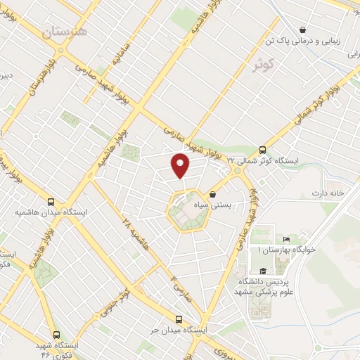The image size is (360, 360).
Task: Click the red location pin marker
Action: tap(180, 165)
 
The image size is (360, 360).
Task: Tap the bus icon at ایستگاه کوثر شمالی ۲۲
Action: tap(262, 149)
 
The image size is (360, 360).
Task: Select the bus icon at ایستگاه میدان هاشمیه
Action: tap(50, 200)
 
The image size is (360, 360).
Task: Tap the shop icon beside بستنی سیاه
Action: tap(213, 195)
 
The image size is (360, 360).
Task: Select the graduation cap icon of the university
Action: tap(262, 271)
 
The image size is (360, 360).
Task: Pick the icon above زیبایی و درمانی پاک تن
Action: tap(302, 30)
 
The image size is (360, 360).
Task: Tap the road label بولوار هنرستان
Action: tap(41, 78)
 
